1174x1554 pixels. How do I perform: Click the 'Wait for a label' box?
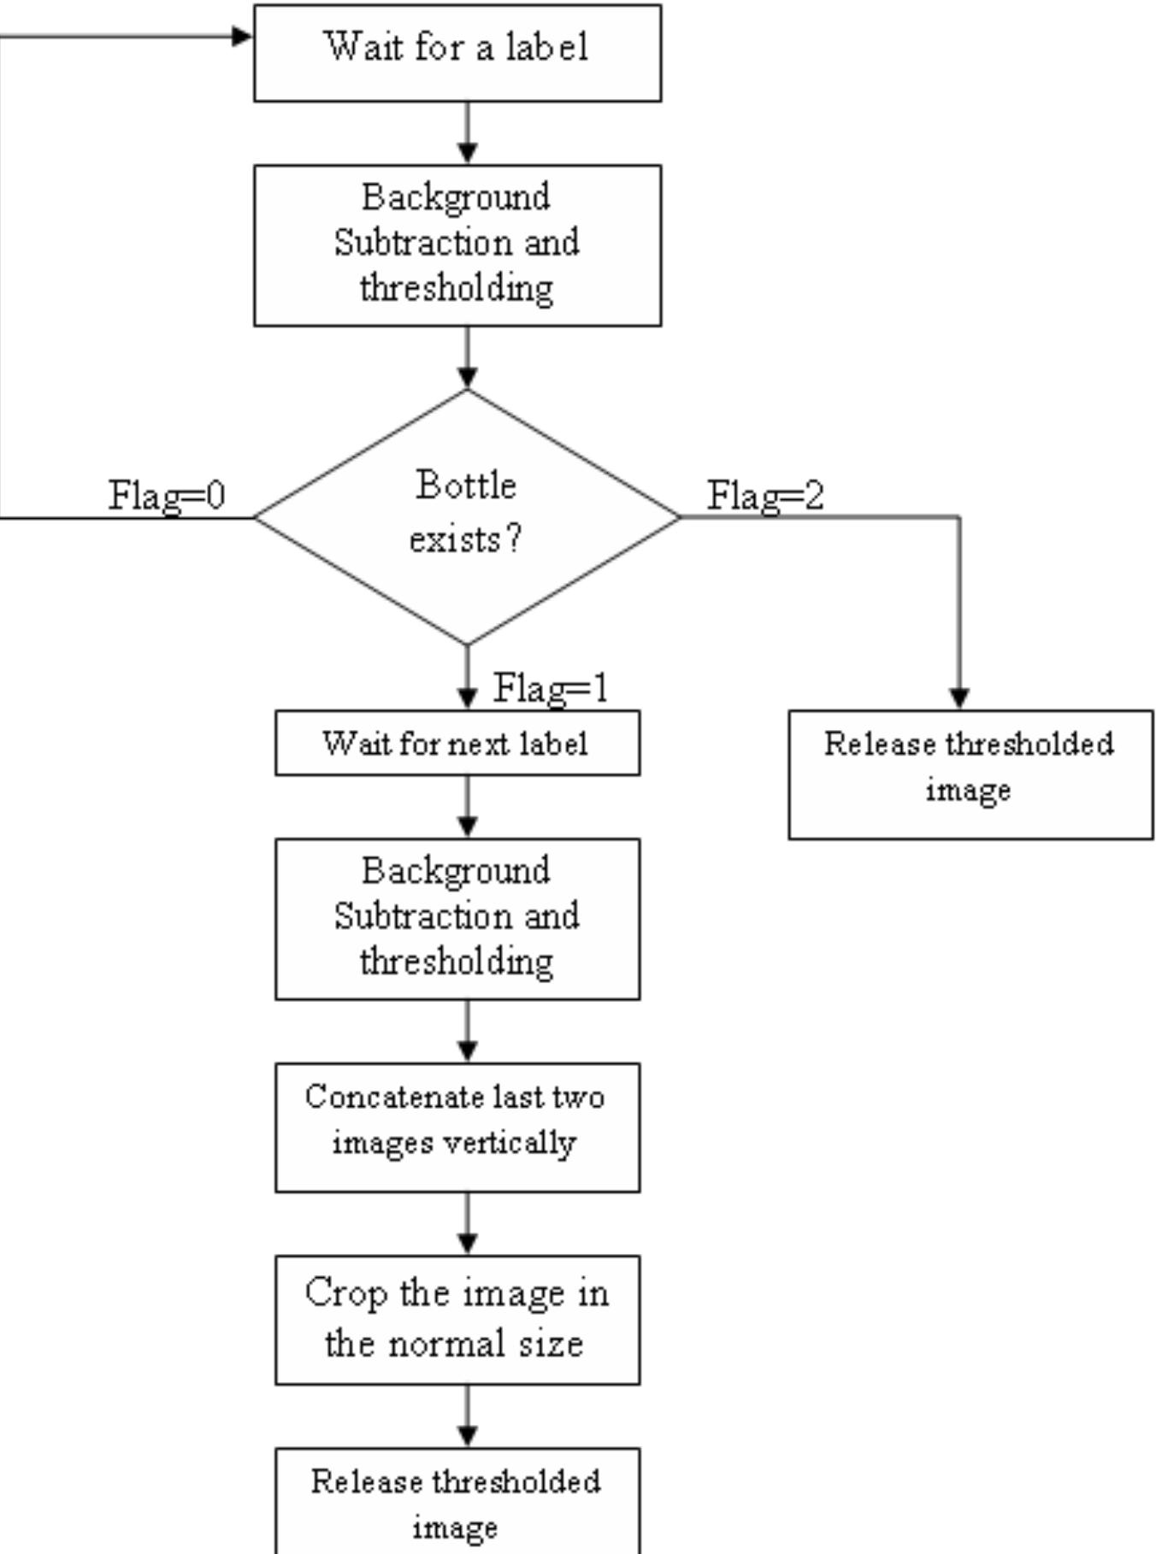tap(457, 52)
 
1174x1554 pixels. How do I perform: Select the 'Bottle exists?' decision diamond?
tap(466, 515)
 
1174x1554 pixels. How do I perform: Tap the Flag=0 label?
tap(167, 496)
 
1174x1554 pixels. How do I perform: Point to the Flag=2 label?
tap(765, 496)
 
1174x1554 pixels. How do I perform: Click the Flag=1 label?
tap(551, 688)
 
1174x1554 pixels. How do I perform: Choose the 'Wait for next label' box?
tap(457, 743)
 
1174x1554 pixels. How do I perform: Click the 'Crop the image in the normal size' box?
tap(457, 1319)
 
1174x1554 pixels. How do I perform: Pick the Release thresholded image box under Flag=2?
tap(970, 774)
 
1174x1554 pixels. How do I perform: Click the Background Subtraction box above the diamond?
tap(457, 244)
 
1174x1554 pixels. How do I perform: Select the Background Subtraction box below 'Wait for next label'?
tap(457, 918)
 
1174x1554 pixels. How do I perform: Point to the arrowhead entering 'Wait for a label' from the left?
tap(242, 36)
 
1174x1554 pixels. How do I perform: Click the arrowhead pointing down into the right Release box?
tap(959, 698)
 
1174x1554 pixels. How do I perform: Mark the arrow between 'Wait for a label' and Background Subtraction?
tap(467, 133)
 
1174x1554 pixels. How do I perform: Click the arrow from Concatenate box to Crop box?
tap(467, 1223)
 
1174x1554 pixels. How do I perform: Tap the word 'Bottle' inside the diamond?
tap(466, 486)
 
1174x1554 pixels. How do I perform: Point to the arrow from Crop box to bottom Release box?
tap(467, 1416)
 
